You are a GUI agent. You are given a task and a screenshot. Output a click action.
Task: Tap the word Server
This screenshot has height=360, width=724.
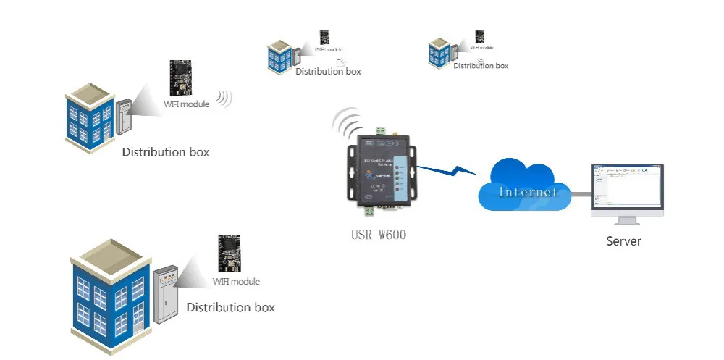pyautogui.click(x=623, y=240)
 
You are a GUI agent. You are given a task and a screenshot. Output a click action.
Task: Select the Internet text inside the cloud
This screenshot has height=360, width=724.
pyautogui.click(x=528, y=192)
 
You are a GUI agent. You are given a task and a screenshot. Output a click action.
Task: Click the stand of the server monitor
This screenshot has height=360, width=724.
pyautogui.click(x=626, y=218)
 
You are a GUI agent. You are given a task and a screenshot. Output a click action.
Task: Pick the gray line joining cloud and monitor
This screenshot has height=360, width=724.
pyautogui.click(x=579, y=193)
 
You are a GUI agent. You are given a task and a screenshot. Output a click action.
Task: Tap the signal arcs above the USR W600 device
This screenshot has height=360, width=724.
pyautogui.click(x=348, y=122)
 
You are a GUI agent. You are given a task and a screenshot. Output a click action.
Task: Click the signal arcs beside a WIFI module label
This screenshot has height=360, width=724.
pyautogui.click(x=225, y=99)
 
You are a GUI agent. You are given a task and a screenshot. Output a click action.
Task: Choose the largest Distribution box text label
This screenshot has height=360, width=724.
pyautogui.click(x=230, y=307)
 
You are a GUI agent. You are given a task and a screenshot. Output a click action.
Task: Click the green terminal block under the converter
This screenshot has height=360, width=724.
pyautogui.click(x=371, y=212)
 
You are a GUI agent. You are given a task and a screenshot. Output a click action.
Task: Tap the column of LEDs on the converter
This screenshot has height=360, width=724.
pyautogui.click(x=400, y=176)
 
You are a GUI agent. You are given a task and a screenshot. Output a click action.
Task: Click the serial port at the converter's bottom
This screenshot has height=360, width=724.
pyautogui.click(x=391, y=211)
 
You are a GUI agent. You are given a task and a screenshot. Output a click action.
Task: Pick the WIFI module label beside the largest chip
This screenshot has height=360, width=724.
pyautogui.click(x=235, y=282)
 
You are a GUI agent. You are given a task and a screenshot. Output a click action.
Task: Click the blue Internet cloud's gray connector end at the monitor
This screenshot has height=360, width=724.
pyautogui.click(x=588, y=193)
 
